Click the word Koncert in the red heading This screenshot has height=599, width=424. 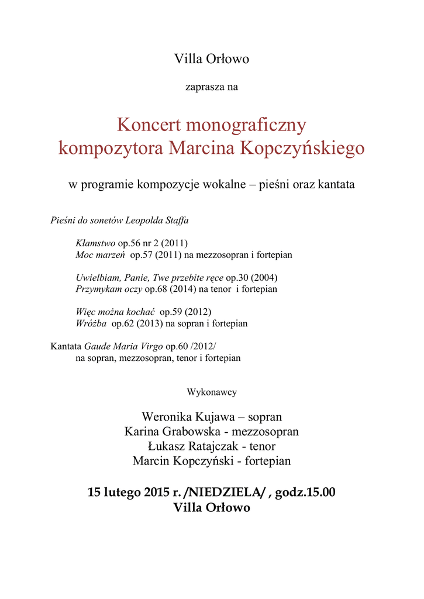click(149, 125)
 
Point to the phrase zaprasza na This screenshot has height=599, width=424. click(212, 88)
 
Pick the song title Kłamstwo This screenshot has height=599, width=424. click(95, 243)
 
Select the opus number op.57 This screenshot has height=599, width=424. click(140, 255)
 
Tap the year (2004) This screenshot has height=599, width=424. click(264, 277)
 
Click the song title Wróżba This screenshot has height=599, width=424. click(91, 323)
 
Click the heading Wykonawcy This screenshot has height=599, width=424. click(212, 392)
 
